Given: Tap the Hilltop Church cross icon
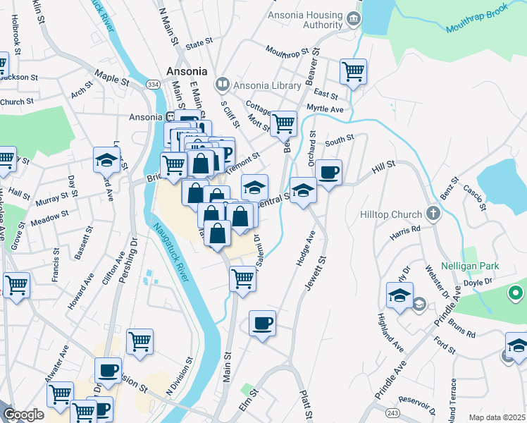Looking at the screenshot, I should (x=433, y=213).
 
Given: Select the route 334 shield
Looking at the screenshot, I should (x=152, y=85).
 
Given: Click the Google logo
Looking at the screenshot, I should (x=23, y=414).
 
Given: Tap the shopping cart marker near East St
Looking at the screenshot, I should (x=353, y=71).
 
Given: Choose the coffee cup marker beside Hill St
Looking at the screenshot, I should (x=328, y=172).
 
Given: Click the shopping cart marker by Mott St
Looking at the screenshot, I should (x=284, y=123).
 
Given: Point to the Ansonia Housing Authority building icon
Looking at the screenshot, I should (x=354, y=17).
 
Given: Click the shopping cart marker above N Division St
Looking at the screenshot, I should (x=139, y=341).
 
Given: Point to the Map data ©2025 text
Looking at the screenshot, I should (x=496, y=417).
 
